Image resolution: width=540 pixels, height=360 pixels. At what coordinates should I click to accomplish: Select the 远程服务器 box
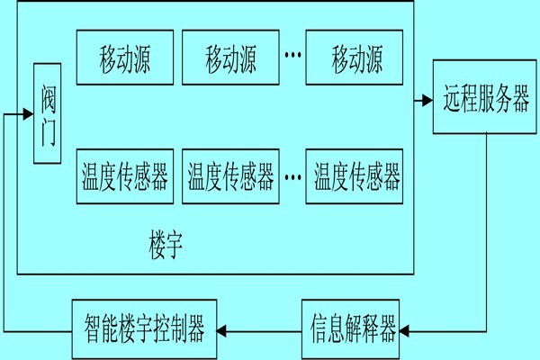(x=487, y=99)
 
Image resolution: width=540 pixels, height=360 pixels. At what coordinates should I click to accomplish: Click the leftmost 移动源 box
(x=124, y=60)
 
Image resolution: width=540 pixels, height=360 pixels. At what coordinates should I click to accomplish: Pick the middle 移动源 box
(x=230, y=60)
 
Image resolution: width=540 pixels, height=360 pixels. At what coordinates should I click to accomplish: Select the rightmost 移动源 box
(x=356, y=60)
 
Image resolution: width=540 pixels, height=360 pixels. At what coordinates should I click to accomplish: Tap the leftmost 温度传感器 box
(x=124, y=176)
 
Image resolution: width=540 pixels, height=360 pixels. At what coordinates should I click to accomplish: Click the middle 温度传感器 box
(x=230, y=176)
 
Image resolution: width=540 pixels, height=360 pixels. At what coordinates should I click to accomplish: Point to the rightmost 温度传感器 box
(x=356, y=176)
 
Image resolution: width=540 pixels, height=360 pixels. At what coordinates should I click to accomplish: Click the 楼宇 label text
(x=166, y=244)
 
